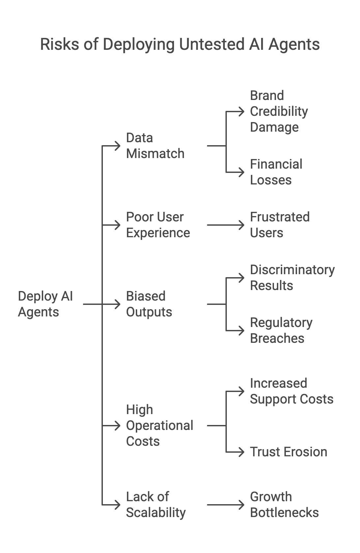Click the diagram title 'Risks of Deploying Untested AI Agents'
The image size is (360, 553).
point(180,44)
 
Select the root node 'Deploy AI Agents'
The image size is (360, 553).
point(45,304)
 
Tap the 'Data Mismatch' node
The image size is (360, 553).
point(155,146)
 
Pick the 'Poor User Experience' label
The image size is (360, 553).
point(158,225)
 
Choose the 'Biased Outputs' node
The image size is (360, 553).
point(149,304)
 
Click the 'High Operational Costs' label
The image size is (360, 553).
point(160,425)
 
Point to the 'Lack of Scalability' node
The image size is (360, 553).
point(156,504)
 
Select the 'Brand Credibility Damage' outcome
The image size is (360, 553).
point(279,111)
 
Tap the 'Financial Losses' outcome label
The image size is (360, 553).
point(276,172)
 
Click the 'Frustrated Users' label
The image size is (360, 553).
point(280,225)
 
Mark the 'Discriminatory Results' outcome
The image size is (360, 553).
point(292,277)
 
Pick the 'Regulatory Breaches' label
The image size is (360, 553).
point(281,330)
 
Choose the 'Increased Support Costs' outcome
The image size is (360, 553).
point(291,391)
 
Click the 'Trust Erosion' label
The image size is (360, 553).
point(288,452)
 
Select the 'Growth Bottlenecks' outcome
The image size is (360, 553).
point(284,504)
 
